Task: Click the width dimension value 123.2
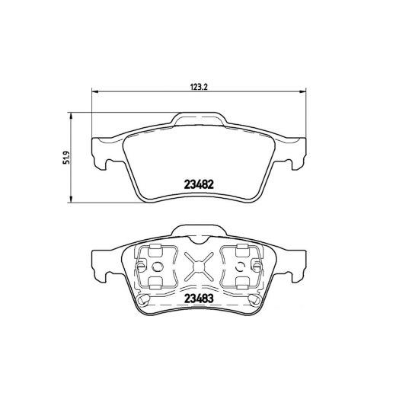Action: [x=199, y=87]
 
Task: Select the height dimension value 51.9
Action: [x=66, y=158]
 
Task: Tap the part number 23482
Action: [x=199, y=184]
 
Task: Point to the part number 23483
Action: [x=199, y=299]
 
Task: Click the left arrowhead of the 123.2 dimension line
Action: [x=94, y=91]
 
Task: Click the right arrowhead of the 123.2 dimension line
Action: [x=303, y=91]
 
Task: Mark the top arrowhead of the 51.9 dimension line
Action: [x=71, y=117]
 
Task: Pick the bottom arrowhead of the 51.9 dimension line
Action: [x=71, y=200]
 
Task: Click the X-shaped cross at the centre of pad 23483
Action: [x=199, y=267]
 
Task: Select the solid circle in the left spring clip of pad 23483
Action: [x=158, y=267]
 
